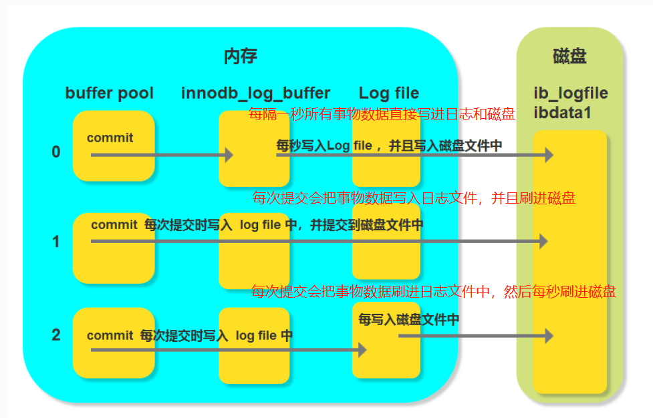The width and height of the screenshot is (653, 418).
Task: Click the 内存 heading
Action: [x=240, y=56]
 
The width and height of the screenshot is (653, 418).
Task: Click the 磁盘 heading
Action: [x=569, y=56]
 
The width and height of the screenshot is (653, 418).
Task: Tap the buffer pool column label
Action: [x=109, y=93]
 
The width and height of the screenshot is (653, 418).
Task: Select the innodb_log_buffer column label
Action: [x=255, y=93]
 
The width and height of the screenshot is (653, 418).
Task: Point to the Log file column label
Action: [x=388, y=93]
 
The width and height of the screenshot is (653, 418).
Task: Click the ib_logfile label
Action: [x=570, y=93]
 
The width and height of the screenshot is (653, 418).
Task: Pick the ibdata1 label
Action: [x=562, y=113]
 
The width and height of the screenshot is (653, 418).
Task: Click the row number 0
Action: [x=56, y=152]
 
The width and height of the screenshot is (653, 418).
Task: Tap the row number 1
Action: [x=56, y=241]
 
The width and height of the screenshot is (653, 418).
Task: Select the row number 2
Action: [x=56, y=334]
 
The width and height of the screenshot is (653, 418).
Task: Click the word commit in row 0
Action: [x=110, y=138]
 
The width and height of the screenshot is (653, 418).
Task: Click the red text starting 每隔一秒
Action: [x=382, y=114]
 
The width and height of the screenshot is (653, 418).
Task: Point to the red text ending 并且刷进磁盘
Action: [x=414, y=198]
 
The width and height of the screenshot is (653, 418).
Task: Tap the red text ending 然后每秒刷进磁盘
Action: [x=433, y=291]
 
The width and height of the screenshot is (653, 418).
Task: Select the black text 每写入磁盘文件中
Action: [x=408, y=320]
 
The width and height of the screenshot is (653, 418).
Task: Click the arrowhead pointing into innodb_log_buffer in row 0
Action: [x=229, y=155]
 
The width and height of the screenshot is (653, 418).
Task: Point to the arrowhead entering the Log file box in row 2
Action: [x=362, y=349]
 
